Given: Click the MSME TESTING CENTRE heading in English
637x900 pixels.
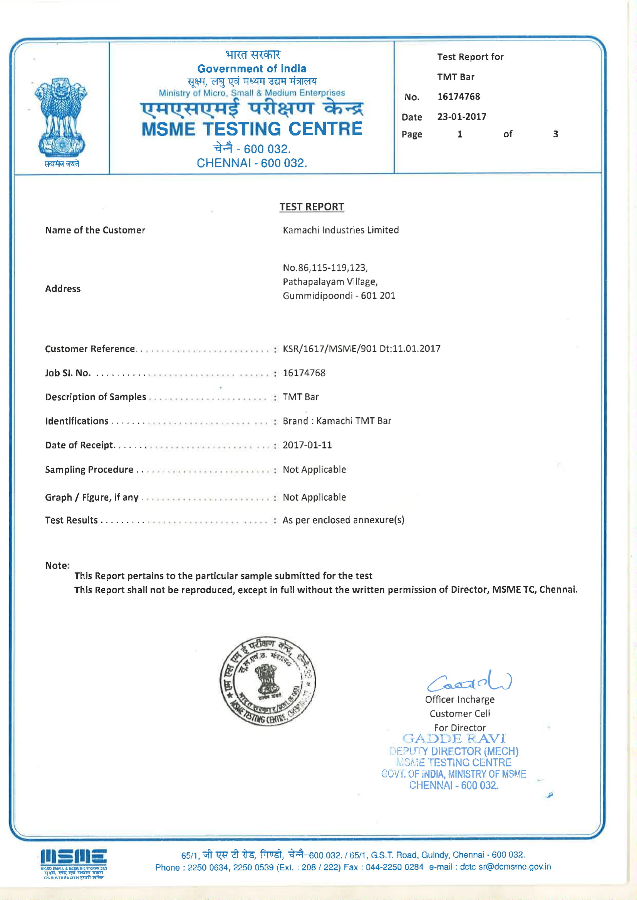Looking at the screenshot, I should pos(252,129).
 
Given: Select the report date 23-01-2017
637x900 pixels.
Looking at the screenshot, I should pos(462,117).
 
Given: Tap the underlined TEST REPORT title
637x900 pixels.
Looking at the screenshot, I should pos(312,207).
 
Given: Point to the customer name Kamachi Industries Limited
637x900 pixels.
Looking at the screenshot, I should pos(340,230).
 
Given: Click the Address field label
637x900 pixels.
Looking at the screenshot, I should pos(63,289).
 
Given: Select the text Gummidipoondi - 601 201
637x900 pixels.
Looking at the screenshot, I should pos(339,296).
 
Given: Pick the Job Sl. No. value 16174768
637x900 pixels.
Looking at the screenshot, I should pos(304,373).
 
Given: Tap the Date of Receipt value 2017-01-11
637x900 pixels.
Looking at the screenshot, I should pos(307,445).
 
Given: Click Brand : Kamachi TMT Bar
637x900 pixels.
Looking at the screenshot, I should pos(337,421).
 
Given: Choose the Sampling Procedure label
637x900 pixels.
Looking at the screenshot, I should pos(89,470).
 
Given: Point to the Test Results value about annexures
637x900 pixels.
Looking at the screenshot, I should pos(343,520).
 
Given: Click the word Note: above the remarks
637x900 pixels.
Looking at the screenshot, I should pos(57,565).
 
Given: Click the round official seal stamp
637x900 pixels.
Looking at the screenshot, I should pos(268,681).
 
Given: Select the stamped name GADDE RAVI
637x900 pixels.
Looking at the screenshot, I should pos(454,738).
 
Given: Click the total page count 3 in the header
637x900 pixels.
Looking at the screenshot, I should pos(555,134).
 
